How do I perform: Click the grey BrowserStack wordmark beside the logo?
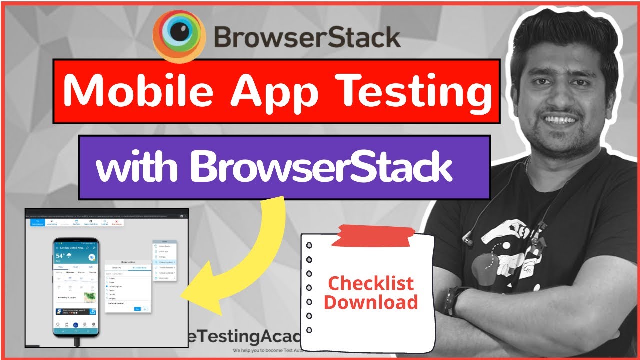[307, 37]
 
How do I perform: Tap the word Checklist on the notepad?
[371, 284]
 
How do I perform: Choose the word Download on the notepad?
[371, 302]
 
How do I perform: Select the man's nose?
[559, 98]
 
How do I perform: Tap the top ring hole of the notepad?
[309, 246]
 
